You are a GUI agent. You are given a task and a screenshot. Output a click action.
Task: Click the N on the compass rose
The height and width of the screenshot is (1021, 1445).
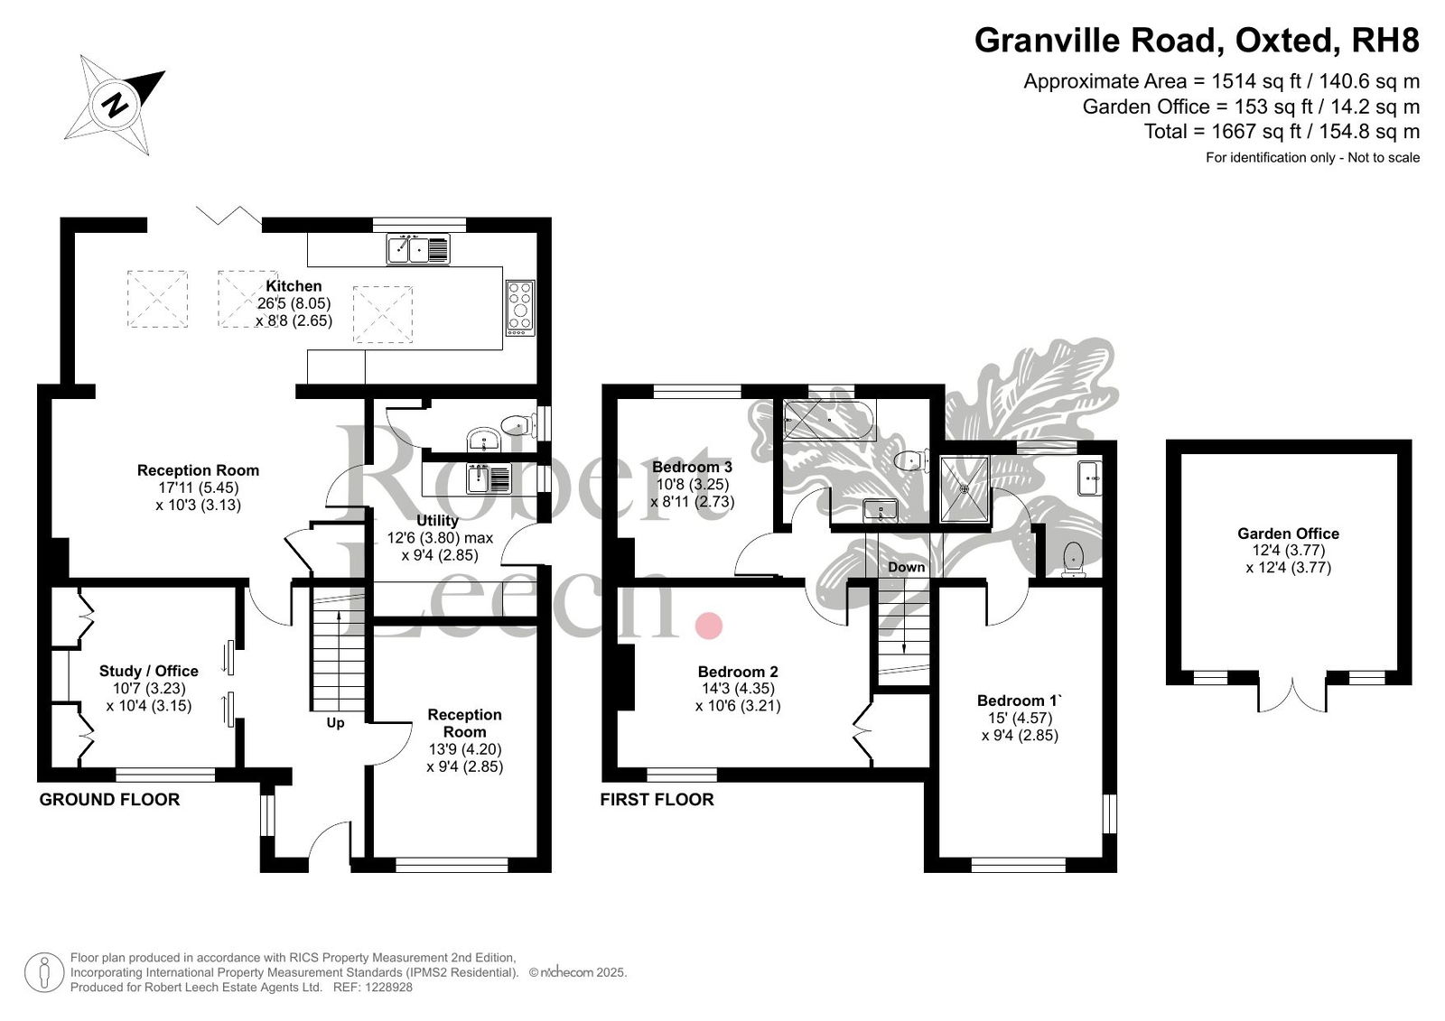116,105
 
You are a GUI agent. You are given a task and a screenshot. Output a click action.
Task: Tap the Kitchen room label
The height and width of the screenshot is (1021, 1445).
294,286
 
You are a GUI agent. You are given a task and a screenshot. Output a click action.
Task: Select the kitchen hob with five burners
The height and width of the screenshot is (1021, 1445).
520,308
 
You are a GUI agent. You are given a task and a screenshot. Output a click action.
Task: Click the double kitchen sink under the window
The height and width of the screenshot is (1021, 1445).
418,249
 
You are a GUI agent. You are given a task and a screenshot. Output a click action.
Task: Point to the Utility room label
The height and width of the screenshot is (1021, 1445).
437,520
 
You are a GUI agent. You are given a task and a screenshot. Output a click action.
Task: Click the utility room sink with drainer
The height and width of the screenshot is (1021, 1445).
489,478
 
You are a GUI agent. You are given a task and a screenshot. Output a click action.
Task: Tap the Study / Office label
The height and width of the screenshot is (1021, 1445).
148,671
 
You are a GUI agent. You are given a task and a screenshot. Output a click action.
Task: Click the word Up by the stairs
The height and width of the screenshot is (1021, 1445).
335,723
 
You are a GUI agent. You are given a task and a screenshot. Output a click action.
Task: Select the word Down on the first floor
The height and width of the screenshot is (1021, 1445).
907,567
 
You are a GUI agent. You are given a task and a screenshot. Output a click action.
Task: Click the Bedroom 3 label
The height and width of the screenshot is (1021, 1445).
692,467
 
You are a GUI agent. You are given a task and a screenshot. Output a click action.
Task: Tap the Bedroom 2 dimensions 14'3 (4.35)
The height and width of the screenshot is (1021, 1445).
738,688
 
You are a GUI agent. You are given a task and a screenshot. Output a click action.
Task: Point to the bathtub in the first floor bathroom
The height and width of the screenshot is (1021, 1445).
830,420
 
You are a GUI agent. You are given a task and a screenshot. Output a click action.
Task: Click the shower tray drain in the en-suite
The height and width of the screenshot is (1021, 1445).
965,489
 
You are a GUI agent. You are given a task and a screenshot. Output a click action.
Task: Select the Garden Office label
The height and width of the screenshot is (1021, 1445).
1288,534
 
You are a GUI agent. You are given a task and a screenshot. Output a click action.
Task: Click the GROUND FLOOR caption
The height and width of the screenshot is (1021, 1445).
109,800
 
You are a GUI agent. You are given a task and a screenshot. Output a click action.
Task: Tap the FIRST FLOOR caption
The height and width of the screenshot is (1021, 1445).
657,800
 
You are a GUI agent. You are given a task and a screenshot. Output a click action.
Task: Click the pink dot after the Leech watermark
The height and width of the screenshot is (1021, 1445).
708,626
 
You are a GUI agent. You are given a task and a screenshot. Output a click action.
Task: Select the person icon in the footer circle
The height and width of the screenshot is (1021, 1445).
44,972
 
